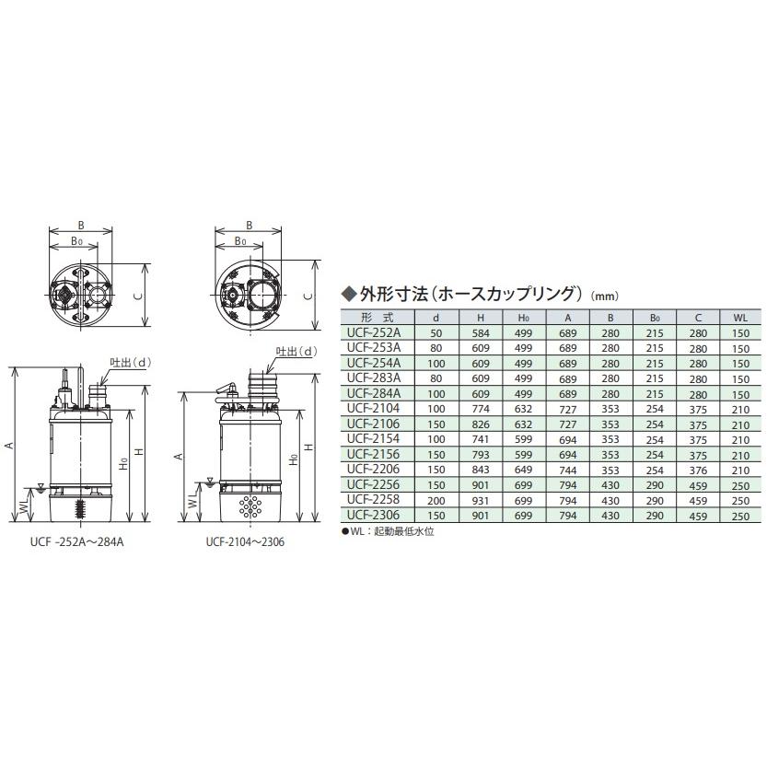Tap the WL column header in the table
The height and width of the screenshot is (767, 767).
pos(741,317)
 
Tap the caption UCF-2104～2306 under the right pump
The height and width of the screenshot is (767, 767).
pos(246,543)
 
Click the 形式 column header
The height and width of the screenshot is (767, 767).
pos(374,317)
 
